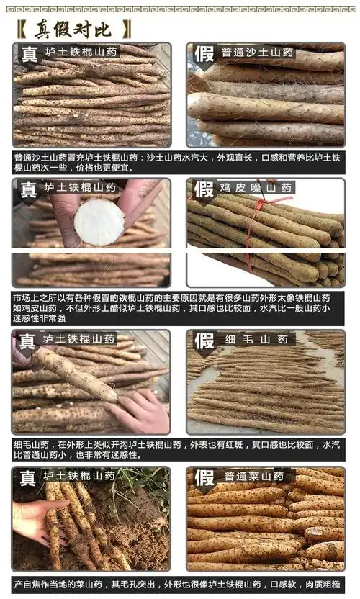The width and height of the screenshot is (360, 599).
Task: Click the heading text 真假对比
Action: [x=76, y=29]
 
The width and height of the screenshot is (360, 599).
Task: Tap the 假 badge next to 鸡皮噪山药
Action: [x=204, y=189]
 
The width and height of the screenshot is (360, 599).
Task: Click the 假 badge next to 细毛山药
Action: [x=204, y=340]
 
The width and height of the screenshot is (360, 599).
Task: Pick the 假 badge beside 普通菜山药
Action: [x=204, y=477]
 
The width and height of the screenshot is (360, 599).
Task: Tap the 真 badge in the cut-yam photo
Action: [x=28, y=189]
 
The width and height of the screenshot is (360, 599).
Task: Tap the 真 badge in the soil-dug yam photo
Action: [x=28, y=477]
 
